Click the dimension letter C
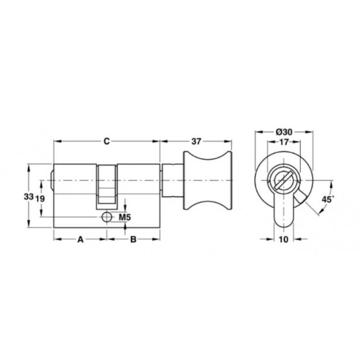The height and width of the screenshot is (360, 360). (107, 141)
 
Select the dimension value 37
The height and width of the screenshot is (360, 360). (196, 141)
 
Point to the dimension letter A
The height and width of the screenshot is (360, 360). (80, 239)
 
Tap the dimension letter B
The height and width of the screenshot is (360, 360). (133, 239)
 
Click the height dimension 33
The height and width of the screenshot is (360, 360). (29, 197)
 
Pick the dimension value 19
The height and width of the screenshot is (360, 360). (40, 198)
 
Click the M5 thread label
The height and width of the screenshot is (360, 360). (125, 217)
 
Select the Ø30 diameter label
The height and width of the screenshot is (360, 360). (284, 132)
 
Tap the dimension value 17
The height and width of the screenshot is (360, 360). (284, 142)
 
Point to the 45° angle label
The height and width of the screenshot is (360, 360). (327, 199)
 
